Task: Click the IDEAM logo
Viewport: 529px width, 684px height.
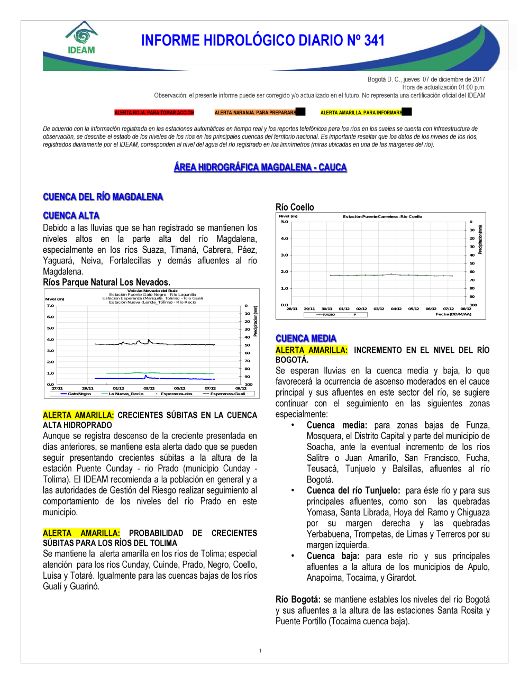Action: coord(81,38)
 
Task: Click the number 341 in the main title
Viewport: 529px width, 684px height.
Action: coord(374,41)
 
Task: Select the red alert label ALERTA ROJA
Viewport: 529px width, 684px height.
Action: coord(154,113)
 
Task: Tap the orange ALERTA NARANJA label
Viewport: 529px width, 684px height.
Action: coord(256,113)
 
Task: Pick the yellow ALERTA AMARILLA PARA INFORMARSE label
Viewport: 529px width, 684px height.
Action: coord(361,113)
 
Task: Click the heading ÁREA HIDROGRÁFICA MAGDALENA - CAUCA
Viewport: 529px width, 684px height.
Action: coord(260,167)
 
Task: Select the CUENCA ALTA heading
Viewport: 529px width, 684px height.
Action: coord(71,215)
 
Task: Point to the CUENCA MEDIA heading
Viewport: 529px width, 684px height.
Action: coord(306,339)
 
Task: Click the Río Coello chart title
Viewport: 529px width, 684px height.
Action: coord(295,207)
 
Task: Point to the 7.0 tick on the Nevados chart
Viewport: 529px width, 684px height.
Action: coord(50,306)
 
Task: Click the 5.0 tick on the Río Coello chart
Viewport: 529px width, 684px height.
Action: coord(285,222)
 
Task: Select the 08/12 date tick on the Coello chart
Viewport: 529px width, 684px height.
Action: coord(466,309)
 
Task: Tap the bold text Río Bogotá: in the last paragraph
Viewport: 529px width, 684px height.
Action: coord(298,599)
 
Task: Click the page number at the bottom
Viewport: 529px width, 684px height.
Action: coord(260,651)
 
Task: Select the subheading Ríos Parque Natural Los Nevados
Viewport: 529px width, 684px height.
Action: coord(106,282)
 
